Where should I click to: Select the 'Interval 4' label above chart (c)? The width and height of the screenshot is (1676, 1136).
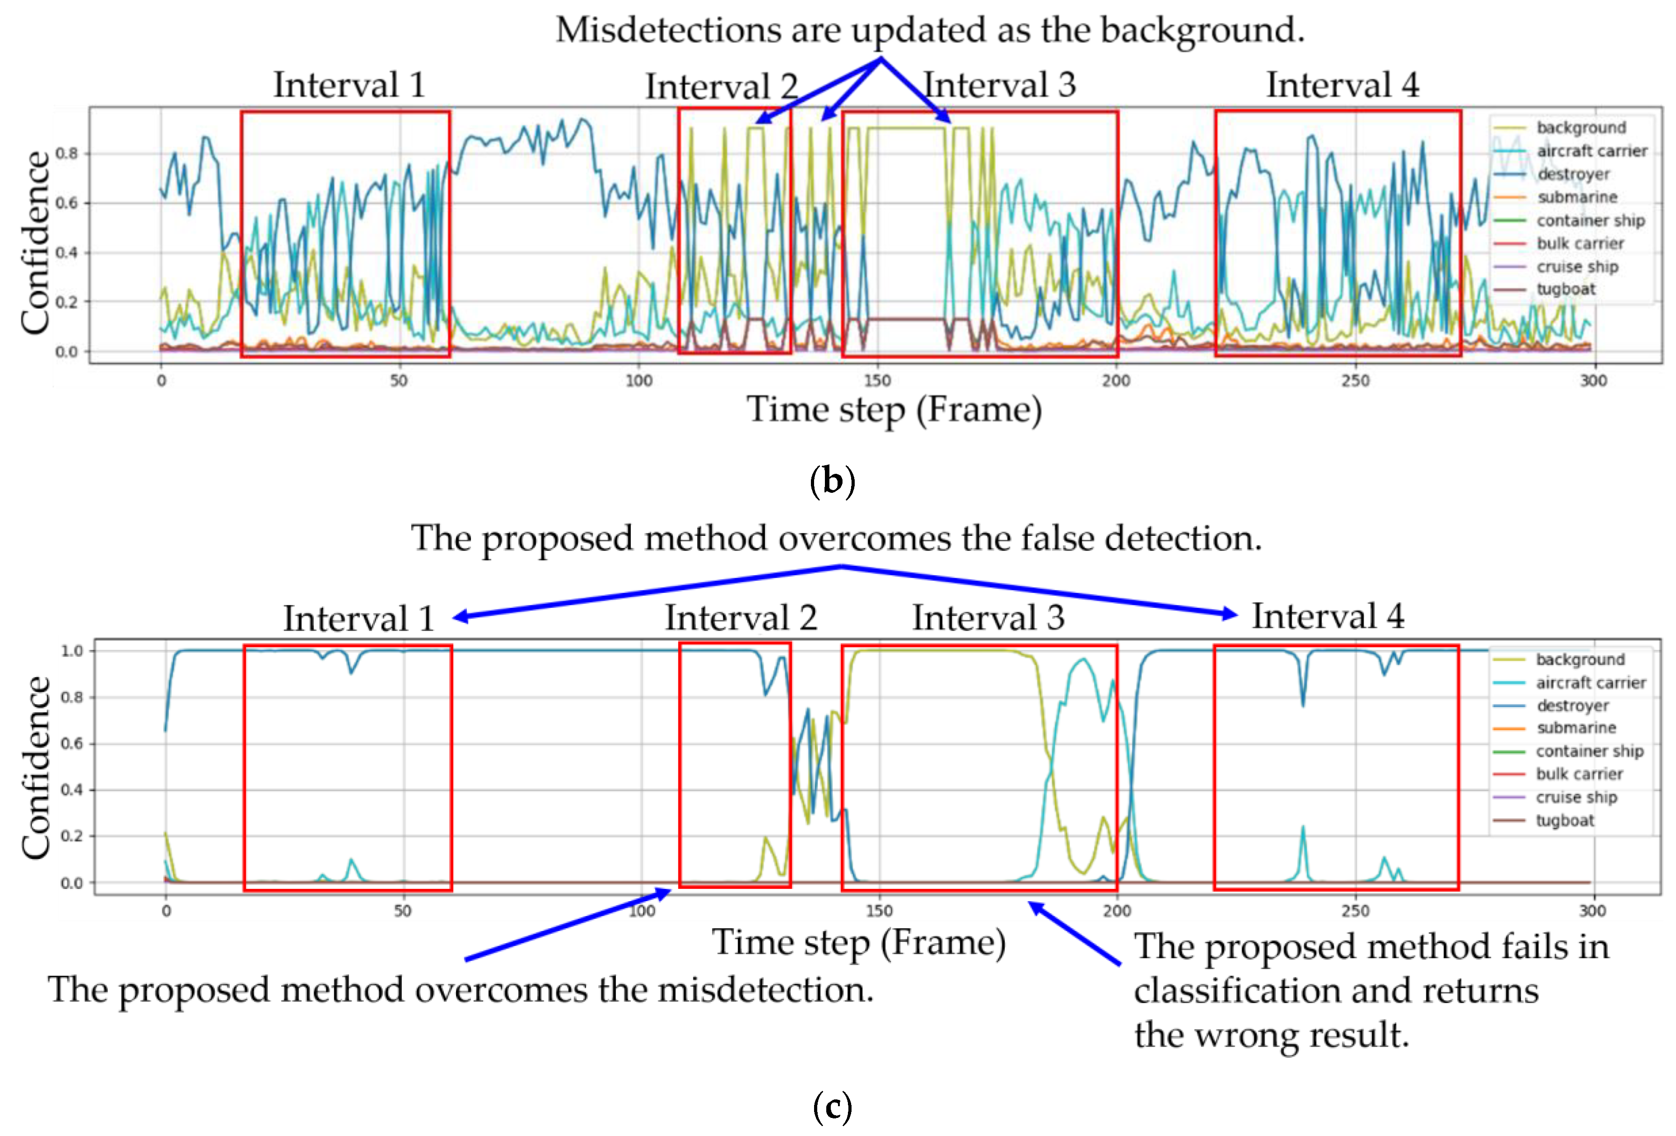pos(1328,617)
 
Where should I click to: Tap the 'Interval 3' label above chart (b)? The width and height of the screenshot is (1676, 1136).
pos(1000,85)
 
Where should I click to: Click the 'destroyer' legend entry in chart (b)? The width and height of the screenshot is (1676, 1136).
pos(1573,174)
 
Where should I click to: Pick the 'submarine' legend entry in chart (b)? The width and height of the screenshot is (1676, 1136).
pos(1577,197)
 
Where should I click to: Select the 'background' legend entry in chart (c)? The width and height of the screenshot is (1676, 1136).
pos(1580,659)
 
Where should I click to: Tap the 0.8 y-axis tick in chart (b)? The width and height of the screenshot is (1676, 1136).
pos(67,154)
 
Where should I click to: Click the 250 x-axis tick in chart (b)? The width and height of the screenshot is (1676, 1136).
pos(1355,381)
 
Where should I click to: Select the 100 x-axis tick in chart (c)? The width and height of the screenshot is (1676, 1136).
pos(642,911)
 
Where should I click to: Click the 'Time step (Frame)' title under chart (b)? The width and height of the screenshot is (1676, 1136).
pos(894,410)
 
